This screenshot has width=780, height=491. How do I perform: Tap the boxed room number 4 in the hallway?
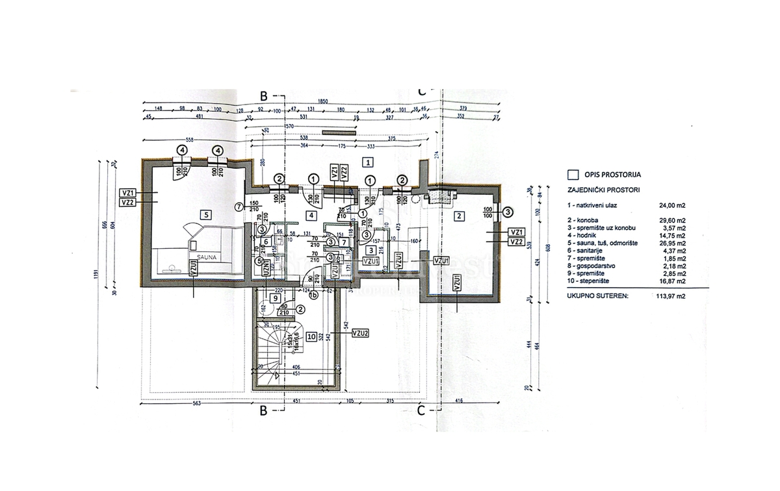(x=311, y=216)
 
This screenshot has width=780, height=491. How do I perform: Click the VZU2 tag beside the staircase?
(x=360, y=333)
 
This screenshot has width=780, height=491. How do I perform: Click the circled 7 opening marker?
(x=239, y=207)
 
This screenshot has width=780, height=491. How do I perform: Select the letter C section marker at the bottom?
(x=421, y=410)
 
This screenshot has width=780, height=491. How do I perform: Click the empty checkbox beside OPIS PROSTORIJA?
(x=573, y=174)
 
